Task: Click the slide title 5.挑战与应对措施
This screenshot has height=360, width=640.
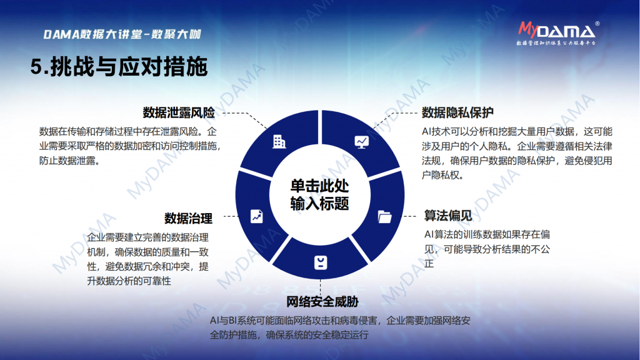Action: (x=119, y=67)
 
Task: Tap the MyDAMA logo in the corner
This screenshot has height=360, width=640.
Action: (x=557, y=33)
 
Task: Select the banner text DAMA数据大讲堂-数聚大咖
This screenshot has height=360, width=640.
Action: (x=122, y=34)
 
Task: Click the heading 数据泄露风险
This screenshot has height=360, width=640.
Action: (x=179, y=112)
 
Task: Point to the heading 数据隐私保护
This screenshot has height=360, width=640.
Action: (x=457, y=112)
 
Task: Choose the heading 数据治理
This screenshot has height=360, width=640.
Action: (x=188, y=218)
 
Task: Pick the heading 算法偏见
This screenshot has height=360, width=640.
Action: (x=448, y=216)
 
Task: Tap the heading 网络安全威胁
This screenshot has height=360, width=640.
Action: (x=322, y=302)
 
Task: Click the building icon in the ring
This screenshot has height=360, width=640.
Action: (x=279, y=142)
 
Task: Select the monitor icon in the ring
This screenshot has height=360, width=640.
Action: (x=362, y=142)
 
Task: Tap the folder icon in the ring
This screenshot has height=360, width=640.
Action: (x=384, y=217)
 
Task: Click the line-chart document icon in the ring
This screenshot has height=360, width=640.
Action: (x=257, y=216)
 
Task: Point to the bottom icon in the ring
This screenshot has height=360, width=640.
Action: (x=321, y=262)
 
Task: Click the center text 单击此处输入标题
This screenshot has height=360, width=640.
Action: (x=319, y=195)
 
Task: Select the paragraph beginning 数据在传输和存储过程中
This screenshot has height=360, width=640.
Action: (x=130, y=146)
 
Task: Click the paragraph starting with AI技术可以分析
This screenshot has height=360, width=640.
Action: (x=517, y=154)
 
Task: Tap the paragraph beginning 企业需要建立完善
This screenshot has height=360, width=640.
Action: (x=147, y=259)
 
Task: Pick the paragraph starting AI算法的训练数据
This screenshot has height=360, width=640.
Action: (x=487, y=249)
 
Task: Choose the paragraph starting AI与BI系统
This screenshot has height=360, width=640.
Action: (x=340, y=327)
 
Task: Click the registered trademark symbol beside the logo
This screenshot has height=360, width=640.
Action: (x=597, y=24)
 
